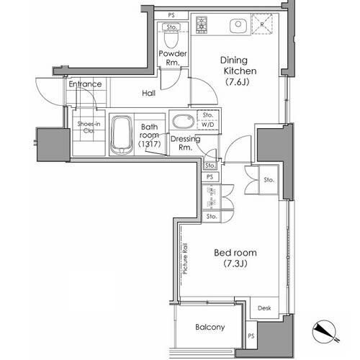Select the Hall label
coord(148,93)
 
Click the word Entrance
coord(86,85)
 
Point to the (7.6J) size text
coord(237,81)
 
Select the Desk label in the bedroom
coord(264,308)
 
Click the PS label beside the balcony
coord(251,336)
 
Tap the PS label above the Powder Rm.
coord(171,15)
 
